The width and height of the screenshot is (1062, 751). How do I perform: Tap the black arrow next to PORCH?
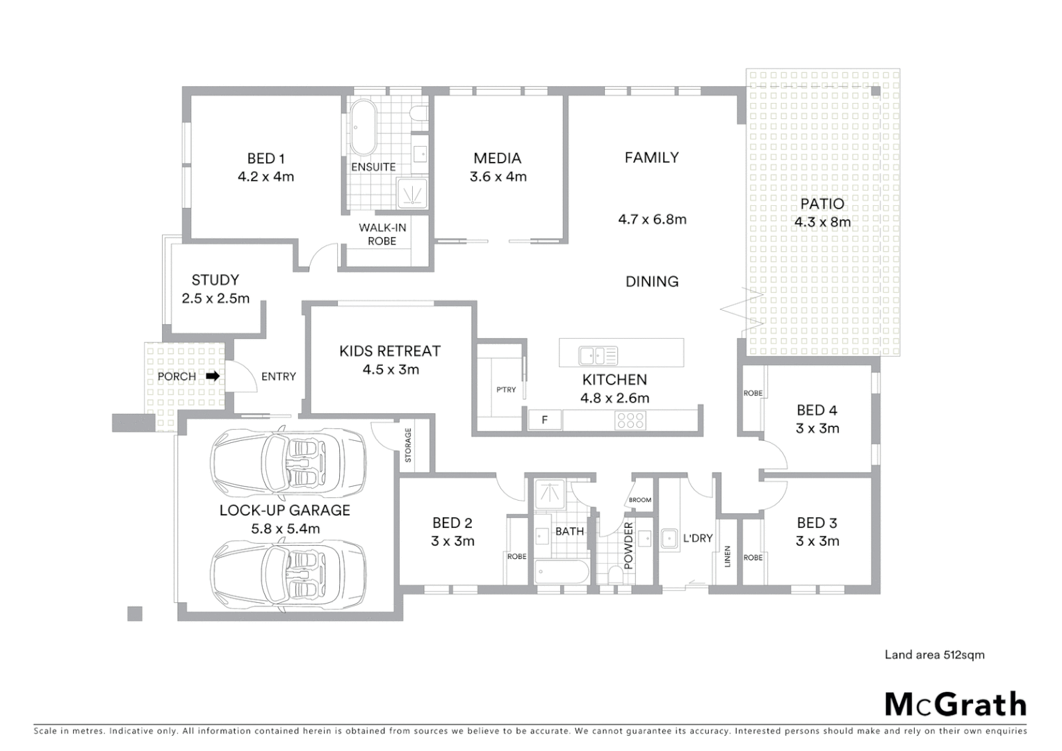coord(213,376)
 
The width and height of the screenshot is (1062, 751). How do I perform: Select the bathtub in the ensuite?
coord(363,129)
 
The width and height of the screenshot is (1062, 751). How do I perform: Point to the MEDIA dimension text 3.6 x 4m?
coord(498,177)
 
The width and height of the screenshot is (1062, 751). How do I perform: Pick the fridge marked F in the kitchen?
coord(545,420)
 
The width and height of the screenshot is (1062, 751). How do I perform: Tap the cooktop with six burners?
coord(630,420)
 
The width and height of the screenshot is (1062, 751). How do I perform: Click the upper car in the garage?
coord(288,460)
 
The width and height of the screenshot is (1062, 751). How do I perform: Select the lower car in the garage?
coord(288,572)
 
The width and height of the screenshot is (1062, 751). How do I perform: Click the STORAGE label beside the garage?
coord(408,445)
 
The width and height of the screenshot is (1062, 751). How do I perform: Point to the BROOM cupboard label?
coord(640,500)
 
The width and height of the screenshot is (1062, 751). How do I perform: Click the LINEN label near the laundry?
coord(728,556)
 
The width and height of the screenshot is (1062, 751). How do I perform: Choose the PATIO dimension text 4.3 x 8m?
coord(822,223)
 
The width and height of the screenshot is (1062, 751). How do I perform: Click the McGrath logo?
coord(956,704)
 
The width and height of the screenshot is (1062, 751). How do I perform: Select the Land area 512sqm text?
coord(934,654)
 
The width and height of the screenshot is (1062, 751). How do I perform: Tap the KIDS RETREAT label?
coord(390,351)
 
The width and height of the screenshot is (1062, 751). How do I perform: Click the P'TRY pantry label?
coord(506,389)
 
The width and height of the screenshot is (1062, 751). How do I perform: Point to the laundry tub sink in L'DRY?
coord(670,540)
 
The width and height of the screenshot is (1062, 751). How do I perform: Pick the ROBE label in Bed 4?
coord(753,393)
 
